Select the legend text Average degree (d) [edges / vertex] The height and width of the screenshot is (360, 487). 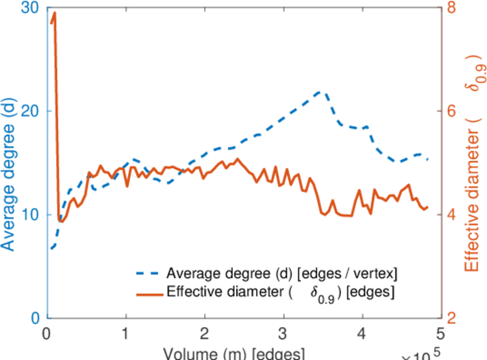click(282, 273)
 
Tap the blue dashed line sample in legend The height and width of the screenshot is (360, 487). click(148, 273)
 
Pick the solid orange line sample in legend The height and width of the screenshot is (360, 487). click(148, 294)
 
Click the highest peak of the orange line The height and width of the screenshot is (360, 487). click(55, 13)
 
